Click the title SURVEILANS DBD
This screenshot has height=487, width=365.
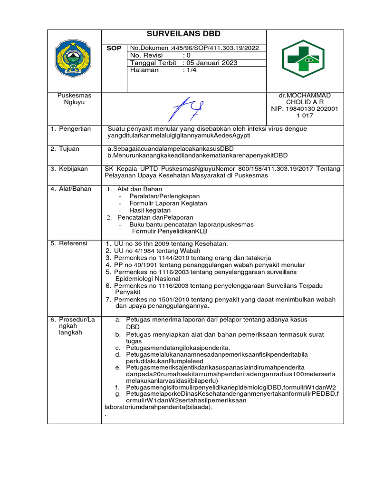pos(183,34)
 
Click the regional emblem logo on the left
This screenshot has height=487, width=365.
pos(74,58)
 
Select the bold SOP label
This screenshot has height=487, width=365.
pos(114,49)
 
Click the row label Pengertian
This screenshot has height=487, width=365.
pos(71,129)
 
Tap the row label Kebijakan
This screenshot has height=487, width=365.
pos(70,169)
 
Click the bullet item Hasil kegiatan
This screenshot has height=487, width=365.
pos(150,210)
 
